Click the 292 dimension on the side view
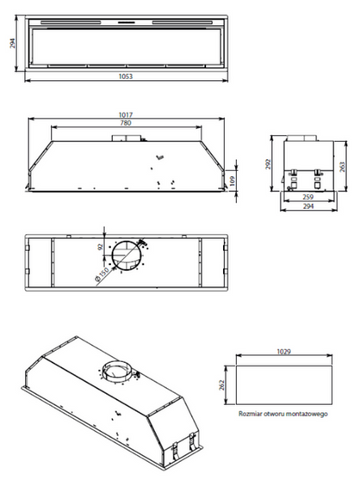(268, 163)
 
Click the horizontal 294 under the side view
(306, 207)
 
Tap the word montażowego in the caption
(308, 414)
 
